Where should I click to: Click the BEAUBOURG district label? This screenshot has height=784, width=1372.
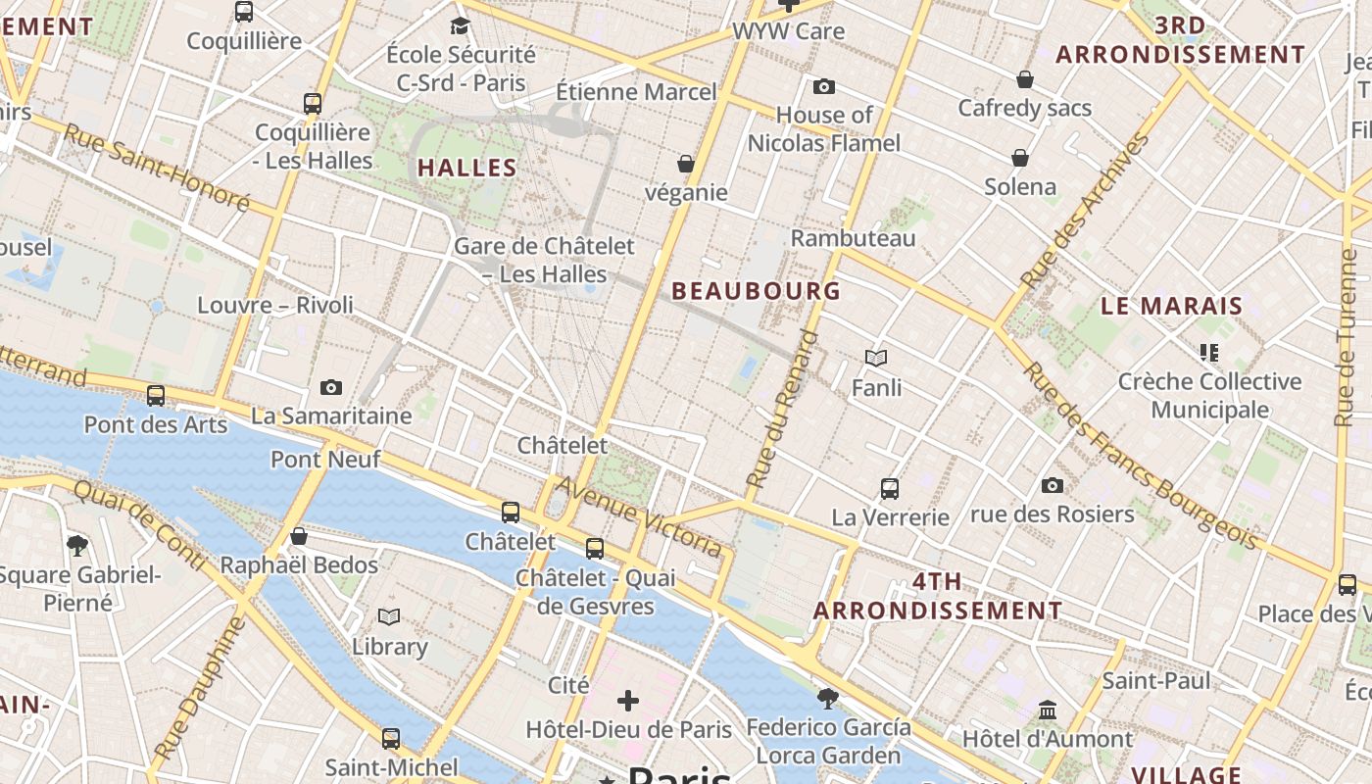click(756, 290)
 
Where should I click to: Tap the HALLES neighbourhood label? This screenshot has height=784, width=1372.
click(467, 168)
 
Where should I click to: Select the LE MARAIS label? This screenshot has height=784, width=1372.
click(1171, 306)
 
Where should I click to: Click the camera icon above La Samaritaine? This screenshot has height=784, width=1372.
click(331, 387)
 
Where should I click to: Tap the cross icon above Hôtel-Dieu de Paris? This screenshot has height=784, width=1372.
click(628, 701)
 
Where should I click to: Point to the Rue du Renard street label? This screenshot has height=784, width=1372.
click(781, 409)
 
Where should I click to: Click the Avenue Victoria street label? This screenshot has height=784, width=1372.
click(640, 515)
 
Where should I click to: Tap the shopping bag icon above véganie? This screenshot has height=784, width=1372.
click(686, 164)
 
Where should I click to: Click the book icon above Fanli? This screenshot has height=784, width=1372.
click(876, 359)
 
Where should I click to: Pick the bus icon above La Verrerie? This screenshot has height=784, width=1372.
click(890, 488)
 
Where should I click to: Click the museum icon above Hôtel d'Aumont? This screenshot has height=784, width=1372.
click(1048, 710)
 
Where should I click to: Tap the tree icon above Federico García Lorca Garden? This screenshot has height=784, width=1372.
click(828, 698)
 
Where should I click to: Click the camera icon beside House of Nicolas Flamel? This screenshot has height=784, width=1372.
click(824, 86)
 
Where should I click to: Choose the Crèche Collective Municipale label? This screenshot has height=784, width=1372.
click(1209, 395)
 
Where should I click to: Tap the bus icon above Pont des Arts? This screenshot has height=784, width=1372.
click(156, 396)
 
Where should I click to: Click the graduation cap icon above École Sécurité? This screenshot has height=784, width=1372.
click(460, 25)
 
